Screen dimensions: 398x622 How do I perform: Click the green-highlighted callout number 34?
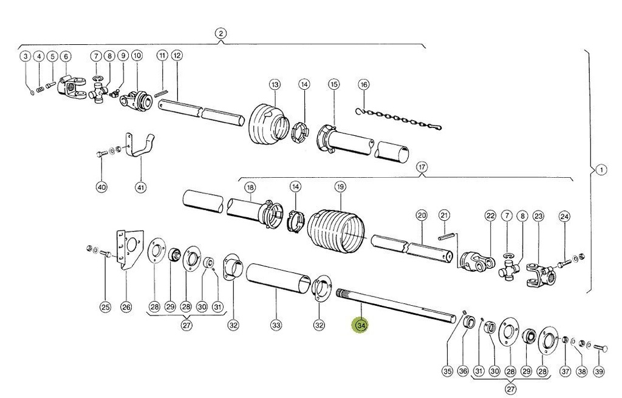pos(361,326)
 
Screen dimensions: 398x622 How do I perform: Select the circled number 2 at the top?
pos(220,33)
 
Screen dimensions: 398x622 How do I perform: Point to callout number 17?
pos(421,166)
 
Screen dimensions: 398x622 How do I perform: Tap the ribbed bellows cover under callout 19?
pos(336,232)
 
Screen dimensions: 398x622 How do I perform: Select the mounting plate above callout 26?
pos(130,249)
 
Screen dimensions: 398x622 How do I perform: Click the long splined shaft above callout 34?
pos(395,303)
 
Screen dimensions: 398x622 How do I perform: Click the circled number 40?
pos(101,187)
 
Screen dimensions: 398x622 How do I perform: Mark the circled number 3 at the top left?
pos(25,56)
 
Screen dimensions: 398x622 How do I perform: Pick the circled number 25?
pos(105,308)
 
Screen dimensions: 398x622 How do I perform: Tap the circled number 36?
pos(463,371)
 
